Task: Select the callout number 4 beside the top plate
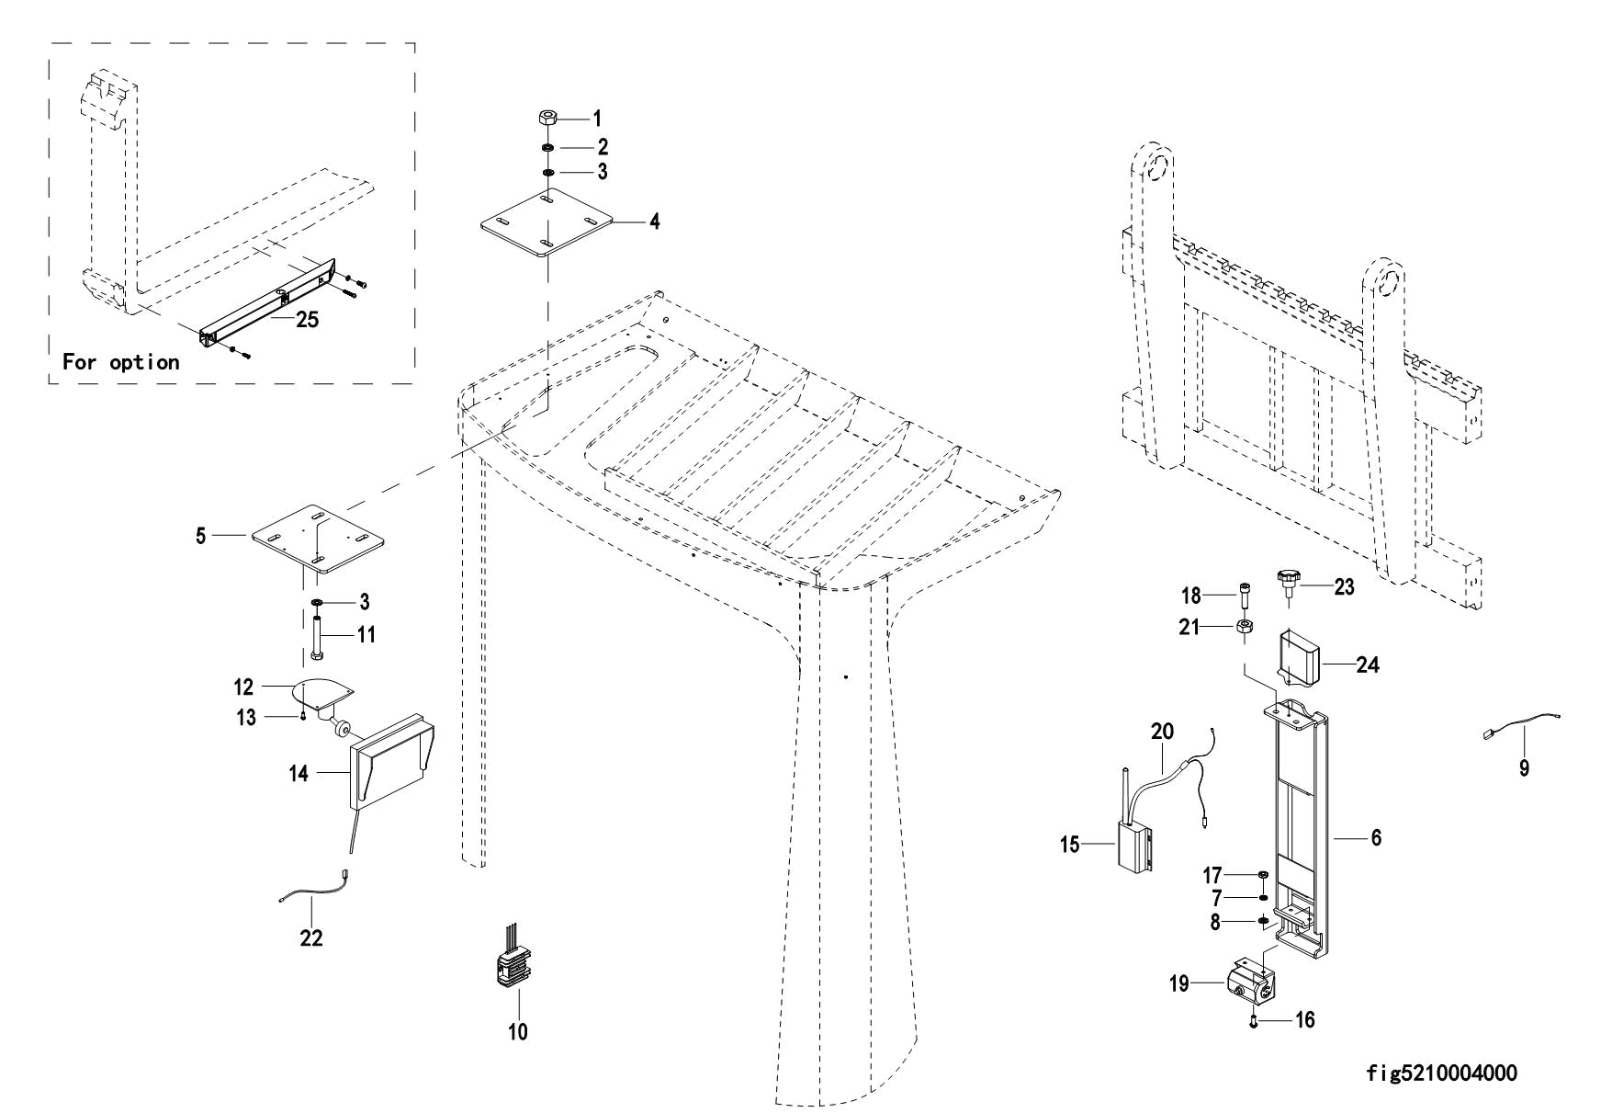[654, 221]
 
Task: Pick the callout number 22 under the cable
[312, 938]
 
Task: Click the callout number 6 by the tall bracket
[1376, 838]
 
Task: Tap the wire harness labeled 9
[1525, 727]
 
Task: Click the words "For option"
[120, 362]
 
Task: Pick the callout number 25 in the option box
[307, 320]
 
